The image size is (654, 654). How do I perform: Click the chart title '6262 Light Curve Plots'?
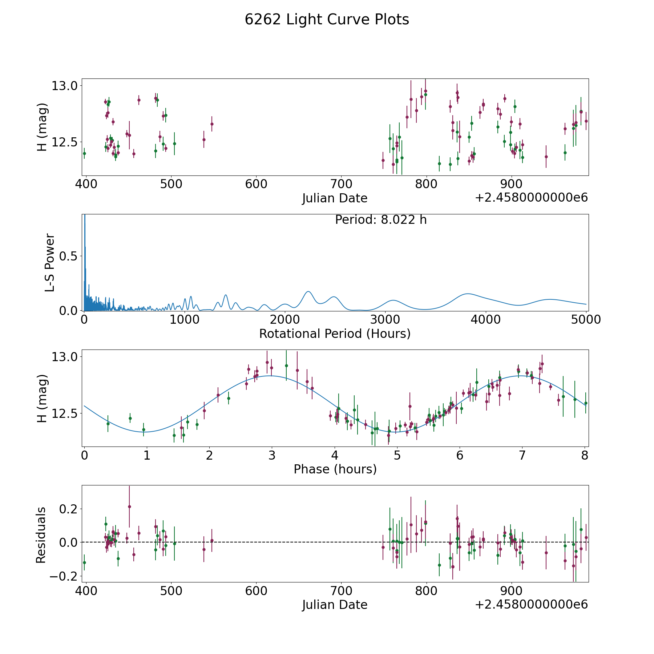click(327, 20)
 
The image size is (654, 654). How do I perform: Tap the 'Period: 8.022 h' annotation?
click(381, 220)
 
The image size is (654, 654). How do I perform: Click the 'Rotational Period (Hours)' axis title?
click(335, 334)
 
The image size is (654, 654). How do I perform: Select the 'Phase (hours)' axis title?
click(335, 469)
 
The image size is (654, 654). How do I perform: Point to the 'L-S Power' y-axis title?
click(50, 262)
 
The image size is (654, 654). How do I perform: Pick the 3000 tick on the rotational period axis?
click(385, 319)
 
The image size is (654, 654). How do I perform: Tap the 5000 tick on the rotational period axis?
click(586, 319)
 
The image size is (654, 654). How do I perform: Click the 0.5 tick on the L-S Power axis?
click(69, 256)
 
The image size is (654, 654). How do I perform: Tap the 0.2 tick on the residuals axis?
click(69, 509)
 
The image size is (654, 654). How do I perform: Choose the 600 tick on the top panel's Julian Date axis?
click(256, 184)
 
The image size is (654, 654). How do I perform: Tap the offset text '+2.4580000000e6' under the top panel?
click(531, 198)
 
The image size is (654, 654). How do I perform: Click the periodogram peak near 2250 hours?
click(308, 291)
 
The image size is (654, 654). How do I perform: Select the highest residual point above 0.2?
click(129, 506)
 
